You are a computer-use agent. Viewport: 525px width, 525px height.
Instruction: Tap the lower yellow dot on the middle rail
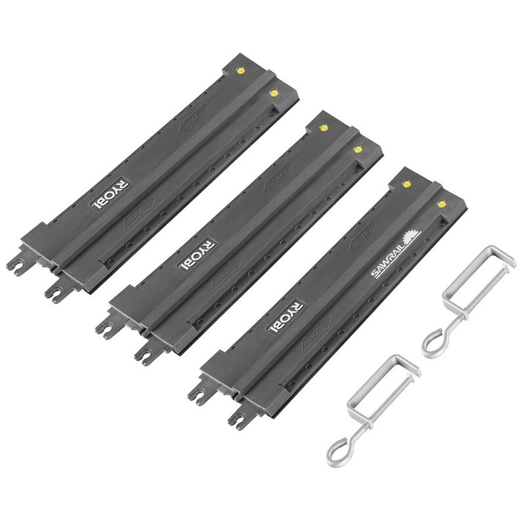click(x=358, y=150)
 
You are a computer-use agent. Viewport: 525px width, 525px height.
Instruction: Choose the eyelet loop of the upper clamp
click(x=434, y=340)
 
